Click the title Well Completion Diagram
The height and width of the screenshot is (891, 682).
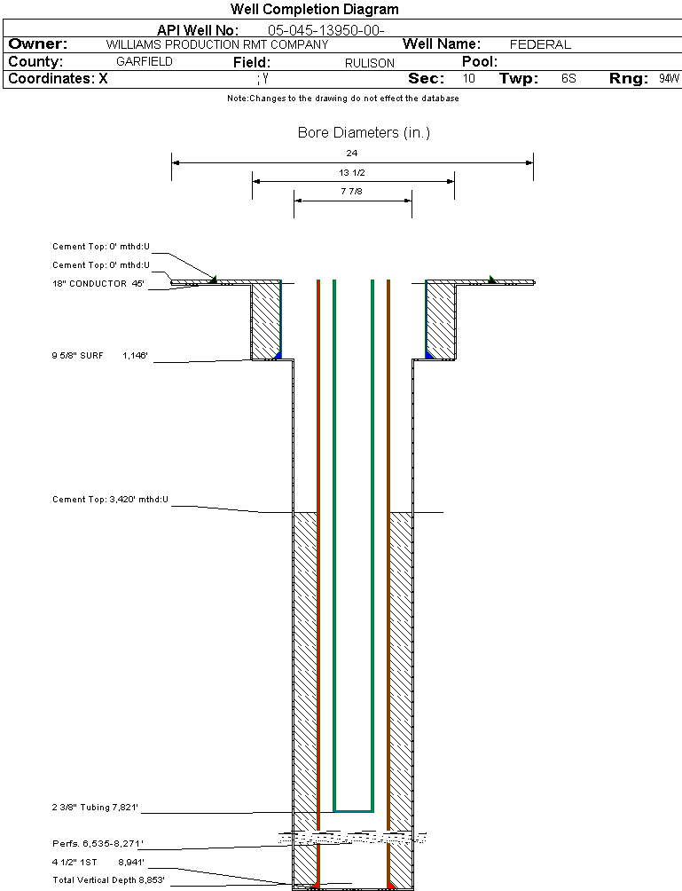tap(314, 10)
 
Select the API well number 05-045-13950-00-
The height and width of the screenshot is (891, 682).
tap(325, 30)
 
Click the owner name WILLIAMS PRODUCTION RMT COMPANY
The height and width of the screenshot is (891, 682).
tap(216, 44)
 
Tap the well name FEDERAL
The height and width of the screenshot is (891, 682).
tap(540, 44)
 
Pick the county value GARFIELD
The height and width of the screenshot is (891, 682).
tap(145, 62)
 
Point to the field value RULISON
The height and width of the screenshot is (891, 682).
tap(370, 63)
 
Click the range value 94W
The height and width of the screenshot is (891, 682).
tap(669, 79)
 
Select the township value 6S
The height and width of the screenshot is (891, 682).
tap(568, 79)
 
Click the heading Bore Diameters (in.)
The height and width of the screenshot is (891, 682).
tap(364, 133)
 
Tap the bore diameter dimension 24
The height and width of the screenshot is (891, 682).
tap(352, 153)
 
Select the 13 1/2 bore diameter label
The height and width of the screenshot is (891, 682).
tap(352, 172)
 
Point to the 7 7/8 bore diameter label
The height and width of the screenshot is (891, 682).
tap(352, 191)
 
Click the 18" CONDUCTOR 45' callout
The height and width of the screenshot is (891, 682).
tap(98, 284)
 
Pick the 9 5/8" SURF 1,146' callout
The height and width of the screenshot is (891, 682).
tap(99, 356)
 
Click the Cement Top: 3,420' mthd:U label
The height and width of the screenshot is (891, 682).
tap(110, 501)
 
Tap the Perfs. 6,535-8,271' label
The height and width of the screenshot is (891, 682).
tap(98, 843)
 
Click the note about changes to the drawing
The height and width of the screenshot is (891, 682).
tap(342, 99)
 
